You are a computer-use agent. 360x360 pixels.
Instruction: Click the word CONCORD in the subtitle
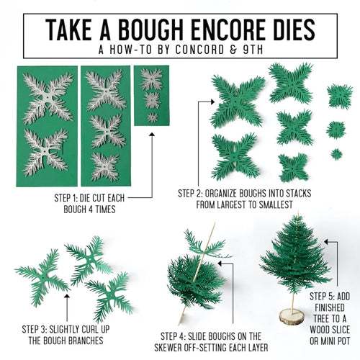(x=199, y=50)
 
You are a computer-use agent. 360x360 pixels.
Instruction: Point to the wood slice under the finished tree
(x=292, y=317)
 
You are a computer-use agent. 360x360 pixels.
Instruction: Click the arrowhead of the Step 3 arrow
(x=67, y=296)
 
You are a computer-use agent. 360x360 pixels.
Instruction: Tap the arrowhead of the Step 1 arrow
(x=152, y=134)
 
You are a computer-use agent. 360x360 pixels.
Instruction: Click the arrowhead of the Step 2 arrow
(x=212, y=102)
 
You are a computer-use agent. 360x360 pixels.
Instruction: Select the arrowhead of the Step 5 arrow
(x=327, y=242)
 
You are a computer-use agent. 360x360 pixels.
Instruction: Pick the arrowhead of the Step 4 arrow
(x=220, y=264)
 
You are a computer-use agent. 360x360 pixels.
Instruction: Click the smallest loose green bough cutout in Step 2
(x=337, y=154)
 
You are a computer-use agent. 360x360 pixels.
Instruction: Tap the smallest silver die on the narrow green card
(x=153, y=117)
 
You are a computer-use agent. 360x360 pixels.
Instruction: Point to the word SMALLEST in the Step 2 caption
(x=276, y=204)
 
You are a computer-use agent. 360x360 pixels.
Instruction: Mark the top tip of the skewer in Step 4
(x=215, y=222)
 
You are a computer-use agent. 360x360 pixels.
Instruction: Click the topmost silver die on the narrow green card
(x=151, y=79)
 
